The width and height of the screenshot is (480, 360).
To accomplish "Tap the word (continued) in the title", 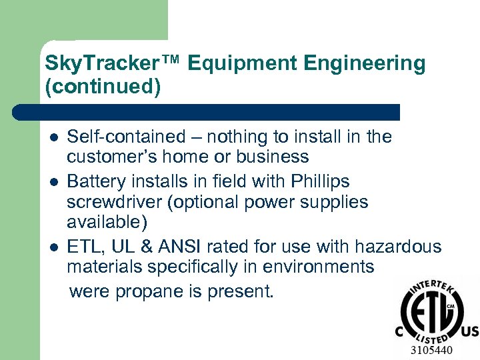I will (103, 87).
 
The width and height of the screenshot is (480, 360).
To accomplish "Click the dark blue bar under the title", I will (207, 112).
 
